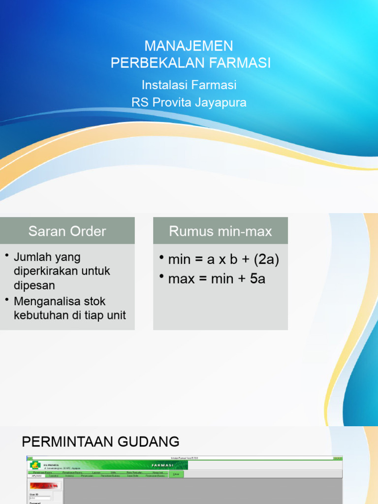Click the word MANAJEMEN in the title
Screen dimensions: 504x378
click(x=189, y=46)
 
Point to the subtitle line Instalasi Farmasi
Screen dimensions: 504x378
click(x=189, y=85)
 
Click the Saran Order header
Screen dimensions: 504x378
click(x=67, y=231)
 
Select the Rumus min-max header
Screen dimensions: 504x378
click(x=220, y=231)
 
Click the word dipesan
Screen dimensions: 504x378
click(x=34, y=285)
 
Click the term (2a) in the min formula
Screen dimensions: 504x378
click(x=266, y=260)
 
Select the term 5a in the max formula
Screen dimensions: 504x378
click(x=257, y=279)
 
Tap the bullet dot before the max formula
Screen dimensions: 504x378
click(x=162, y=277)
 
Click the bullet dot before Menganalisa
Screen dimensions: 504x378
click(x=7, y=299)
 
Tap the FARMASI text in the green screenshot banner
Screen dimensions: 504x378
click(x=162, y=465)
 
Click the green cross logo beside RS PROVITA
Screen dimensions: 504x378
click(x=34, y=465)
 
